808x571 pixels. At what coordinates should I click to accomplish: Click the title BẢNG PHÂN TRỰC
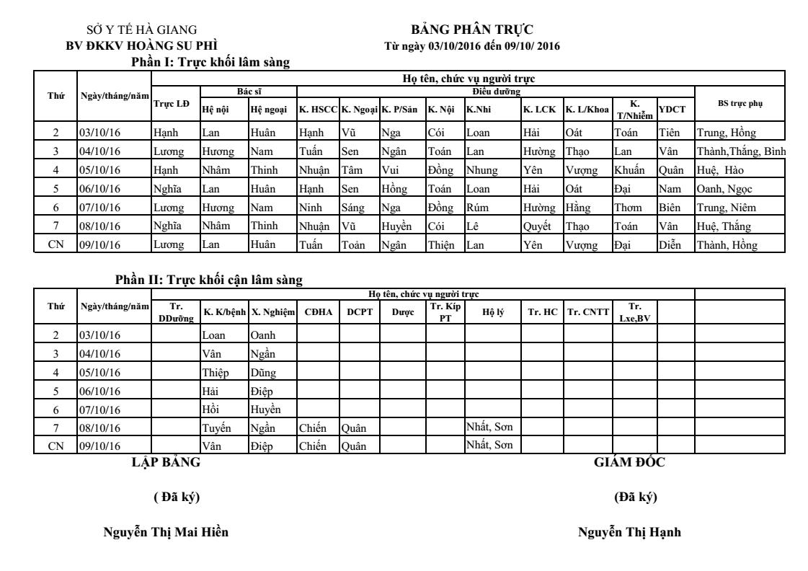[472, 29]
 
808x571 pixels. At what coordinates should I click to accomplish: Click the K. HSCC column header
[316, 110]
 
